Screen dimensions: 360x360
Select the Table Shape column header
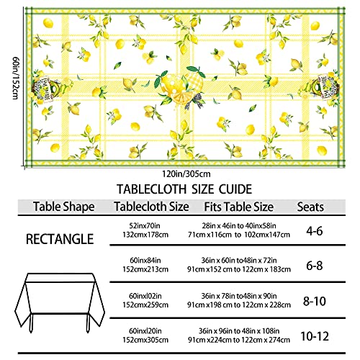[x=64, y=207]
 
